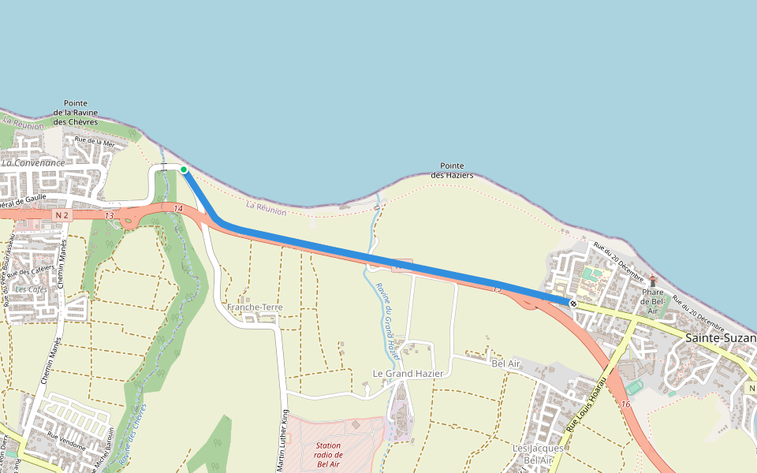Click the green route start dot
pyautogui.click(x=184, y=169)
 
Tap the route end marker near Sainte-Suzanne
pyautogui.click(x=572, y=303)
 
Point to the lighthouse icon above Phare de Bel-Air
pyautogui.click(x=653, y=281)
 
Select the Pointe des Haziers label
pyautogui.click(x=452, y=170)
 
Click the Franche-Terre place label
pyautogui.click(x=254, y=307)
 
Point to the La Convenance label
pyautogui.click(x=33, y=163)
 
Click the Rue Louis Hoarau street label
pyautogui.click(x=586, y=404)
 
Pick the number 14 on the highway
pyautogui.click(x=178, y=209)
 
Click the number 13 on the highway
pyautogui.click(x=109, y=216)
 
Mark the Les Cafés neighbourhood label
pyautogui.click(x=31, y=289)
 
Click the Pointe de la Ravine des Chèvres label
pyautogui.click(x=76, y=113)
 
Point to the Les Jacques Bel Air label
pyautogui.click(x=538, y=454)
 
